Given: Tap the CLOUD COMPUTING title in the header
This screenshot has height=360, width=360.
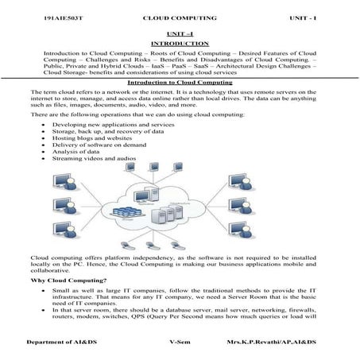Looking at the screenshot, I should tap(178, 17).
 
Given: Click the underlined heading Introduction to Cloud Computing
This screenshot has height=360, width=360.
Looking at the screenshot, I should tap(179, 83).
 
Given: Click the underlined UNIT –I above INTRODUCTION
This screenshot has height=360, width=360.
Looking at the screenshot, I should tap(179, 33).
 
